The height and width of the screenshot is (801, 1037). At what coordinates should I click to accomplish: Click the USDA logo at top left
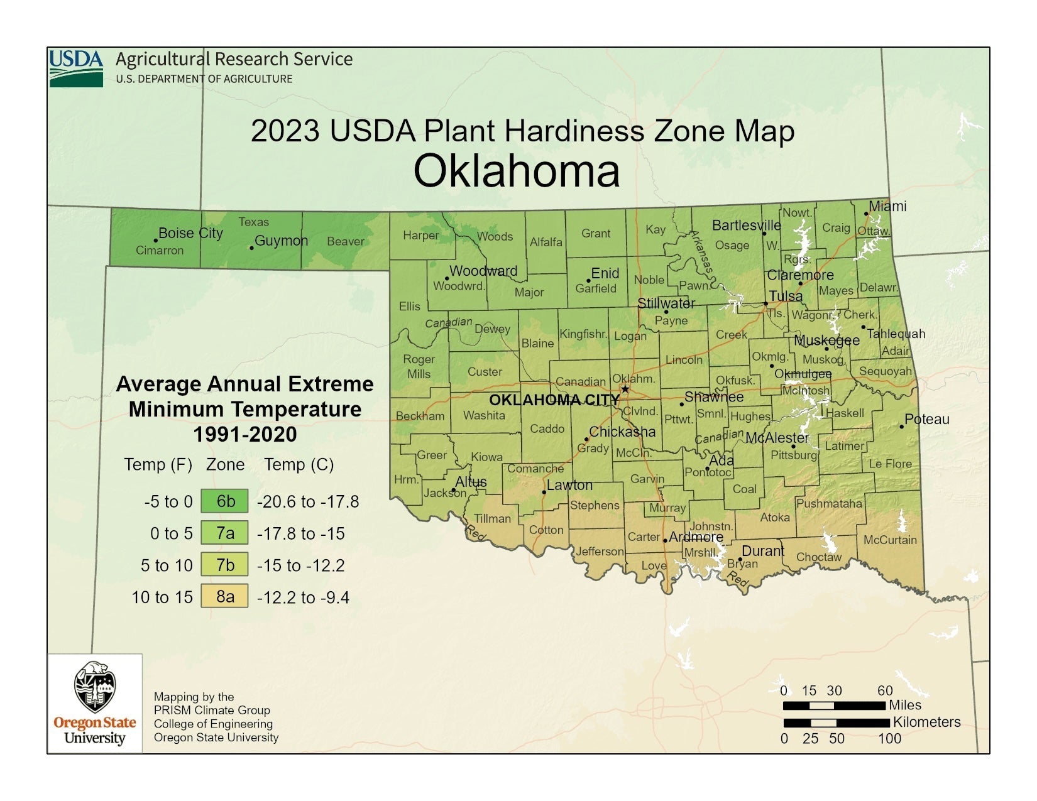[x=76, y=68]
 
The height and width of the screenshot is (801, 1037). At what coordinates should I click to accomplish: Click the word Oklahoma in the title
[x=517, y=171]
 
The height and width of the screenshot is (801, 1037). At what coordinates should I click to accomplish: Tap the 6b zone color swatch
[x=224, y=501]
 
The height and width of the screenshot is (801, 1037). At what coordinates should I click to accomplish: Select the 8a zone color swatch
[x=224, y=596]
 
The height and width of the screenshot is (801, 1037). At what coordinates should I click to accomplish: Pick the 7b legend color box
[x=224, y=565]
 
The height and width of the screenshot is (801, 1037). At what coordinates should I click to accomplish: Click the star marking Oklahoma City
[x=625, y=389]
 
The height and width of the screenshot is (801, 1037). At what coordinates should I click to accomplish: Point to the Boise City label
[x=190, y=233]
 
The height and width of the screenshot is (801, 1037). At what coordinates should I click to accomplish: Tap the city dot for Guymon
[x=251, y=248]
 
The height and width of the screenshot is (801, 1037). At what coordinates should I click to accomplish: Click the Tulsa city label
[x=786, y=296]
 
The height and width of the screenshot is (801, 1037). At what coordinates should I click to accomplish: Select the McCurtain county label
[x=889, y=540]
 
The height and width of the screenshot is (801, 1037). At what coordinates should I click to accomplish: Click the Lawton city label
[x=569, y=485]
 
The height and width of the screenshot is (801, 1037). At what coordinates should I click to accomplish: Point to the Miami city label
[x=887, y=206]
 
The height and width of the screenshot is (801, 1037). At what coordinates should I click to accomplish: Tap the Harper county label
[x=420, y=236]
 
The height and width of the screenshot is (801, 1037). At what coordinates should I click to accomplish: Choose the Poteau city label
[x=926, y=419]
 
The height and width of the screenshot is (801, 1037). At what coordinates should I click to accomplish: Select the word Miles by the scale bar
[x=904, y=705]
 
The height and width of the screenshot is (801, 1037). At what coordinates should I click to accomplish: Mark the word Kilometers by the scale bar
[x=926, y=722]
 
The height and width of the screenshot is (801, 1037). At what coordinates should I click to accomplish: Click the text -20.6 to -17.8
[x=308, y=501]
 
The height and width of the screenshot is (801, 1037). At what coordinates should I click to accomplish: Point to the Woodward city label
[x=483, y=271]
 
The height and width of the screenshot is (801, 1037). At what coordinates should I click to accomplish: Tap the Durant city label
[x=763, y=551]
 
